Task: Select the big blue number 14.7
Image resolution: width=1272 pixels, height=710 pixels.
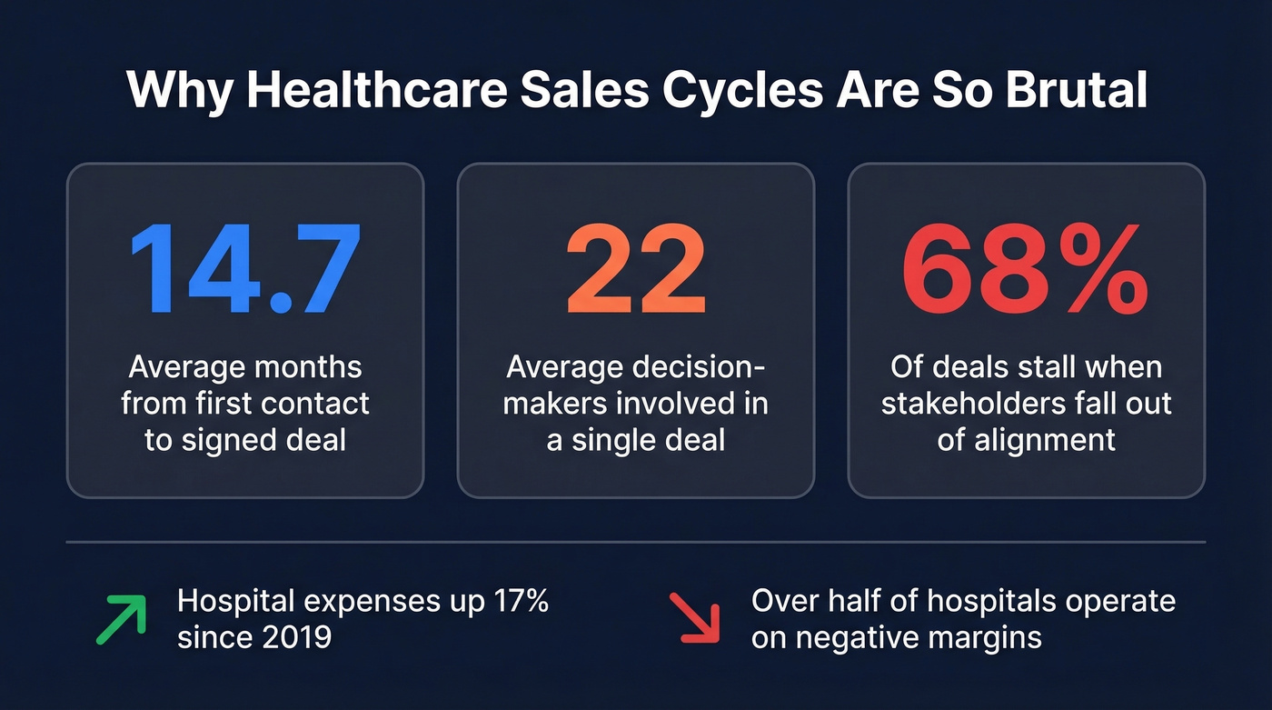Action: coord(245,270)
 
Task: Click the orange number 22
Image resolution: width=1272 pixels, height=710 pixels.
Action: coord(636,270)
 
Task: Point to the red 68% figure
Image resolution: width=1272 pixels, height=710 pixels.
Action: coord(1026,270)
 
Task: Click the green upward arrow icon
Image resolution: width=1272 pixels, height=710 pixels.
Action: coord(121,620)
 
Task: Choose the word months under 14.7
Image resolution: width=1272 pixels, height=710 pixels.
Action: coord(305,366)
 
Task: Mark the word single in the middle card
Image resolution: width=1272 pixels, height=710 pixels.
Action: coord(619,439)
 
